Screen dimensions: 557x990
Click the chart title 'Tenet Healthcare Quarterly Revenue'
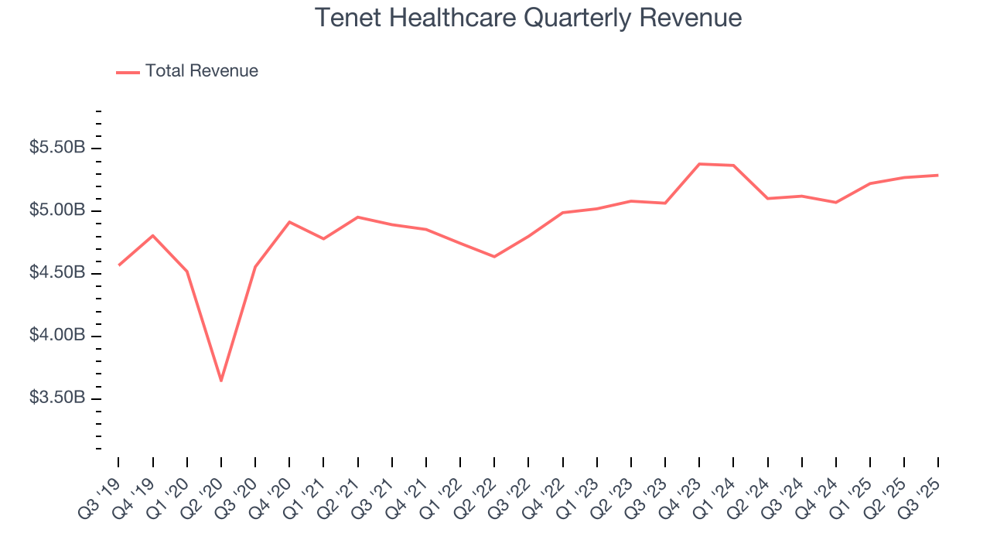(528, 18)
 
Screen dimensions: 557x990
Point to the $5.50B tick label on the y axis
(57, 148)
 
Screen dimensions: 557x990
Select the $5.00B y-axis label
(57, 210)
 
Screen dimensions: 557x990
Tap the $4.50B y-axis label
(57, 273)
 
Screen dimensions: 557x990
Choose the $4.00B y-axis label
(57, 336)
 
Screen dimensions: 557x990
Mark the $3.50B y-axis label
(57, 398)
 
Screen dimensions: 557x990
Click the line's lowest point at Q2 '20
(221, 381)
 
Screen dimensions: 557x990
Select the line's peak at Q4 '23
(699, 164)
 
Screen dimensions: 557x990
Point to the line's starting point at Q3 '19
(118, 265)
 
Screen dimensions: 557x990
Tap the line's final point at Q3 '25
(938, 175)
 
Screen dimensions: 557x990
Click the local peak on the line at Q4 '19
(153, 235)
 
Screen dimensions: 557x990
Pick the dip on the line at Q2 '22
(494, 257)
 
